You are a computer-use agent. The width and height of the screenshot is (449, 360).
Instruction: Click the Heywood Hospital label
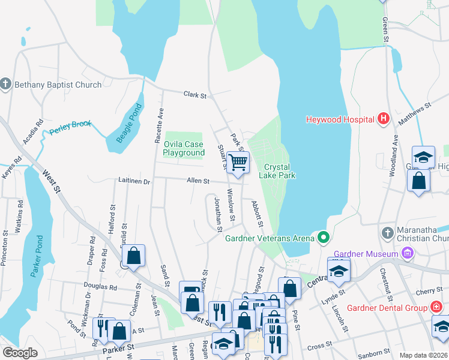tap(340, 119)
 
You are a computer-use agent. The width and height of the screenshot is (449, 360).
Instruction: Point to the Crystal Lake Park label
tap(277, 171)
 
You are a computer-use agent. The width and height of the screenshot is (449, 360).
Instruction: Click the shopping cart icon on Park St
tap(238, 162)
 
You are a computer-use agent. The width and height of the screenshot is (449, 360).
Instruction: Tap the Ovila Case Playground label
tap(184, 148)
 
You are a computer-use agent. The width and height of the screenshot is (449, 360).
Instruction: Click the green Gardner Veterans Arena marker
tap(324, 238)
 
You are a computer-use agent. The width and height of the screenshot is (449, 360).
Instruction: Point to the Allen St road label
tap(197, 180)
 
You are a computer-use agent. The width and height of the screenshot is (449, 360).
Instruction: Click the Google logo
tap(20, 353)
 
